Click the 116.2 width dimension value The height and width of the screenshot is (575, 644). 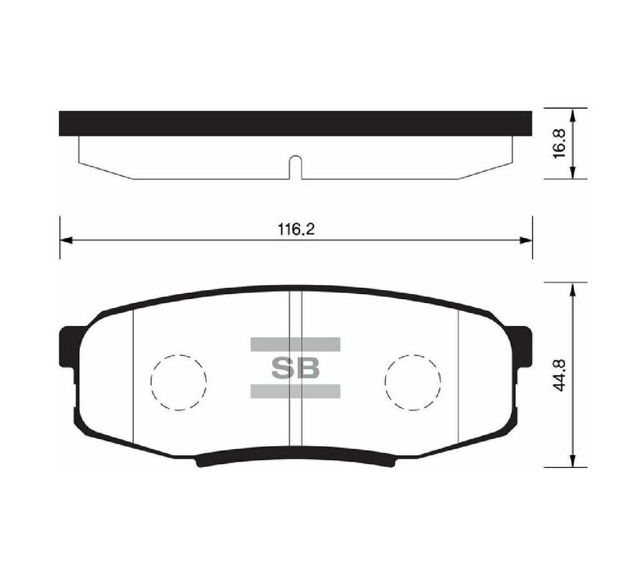[296, 229]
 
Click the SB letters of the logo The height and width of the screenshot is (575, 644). [295, 369]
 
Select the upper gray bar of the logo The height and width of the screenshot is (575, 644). [295, 344]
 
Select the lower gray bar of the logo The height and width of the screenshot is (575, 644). [295, 391]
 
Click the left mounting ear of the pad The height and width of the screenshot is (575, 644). [68, 347]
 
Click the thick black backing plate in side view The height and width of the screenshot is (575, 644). [296, 123]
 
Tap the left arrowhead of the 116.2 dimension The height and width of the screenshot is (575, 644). [65, 240]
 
